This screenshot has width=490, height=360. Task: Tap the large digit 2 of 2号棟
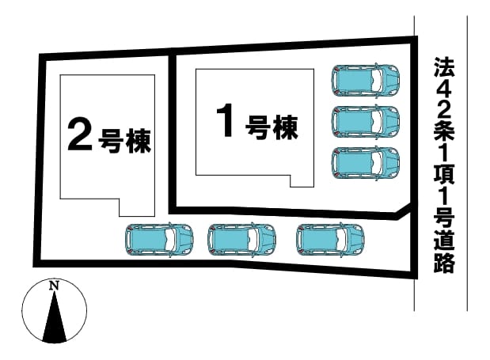point(80,135)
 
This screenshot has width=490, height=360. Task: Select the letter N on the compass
point(55,285)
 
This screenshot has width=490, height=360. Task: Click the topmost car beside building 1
point(366,80)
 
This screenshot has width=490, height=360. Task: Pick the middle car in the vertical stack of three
point(366,121)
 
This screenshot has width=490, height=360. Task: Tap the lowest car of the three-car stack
point(366,163)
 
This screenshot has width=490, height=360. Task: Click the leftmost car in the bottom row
point(159,240)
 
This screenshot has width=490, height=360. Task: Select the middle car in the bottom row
point(242,240)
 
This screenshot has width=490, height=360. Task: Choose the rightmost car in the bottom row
point(330,240)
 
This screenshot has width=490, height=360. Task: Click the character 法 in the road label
point(444,67)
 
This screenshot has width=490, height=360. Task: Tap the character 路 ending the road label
point(444,263)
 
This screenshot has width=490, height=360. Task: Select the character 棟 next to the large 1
point(285,127)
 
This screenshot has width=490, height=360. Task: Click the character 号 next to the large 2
point(110,141)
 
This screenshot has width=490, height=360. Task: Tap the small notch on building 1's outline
point(302,181)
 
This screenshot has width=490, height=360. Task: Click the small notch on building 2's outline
point(137,207)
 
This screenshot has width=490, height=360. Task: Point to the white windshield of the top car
point(377,80)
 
